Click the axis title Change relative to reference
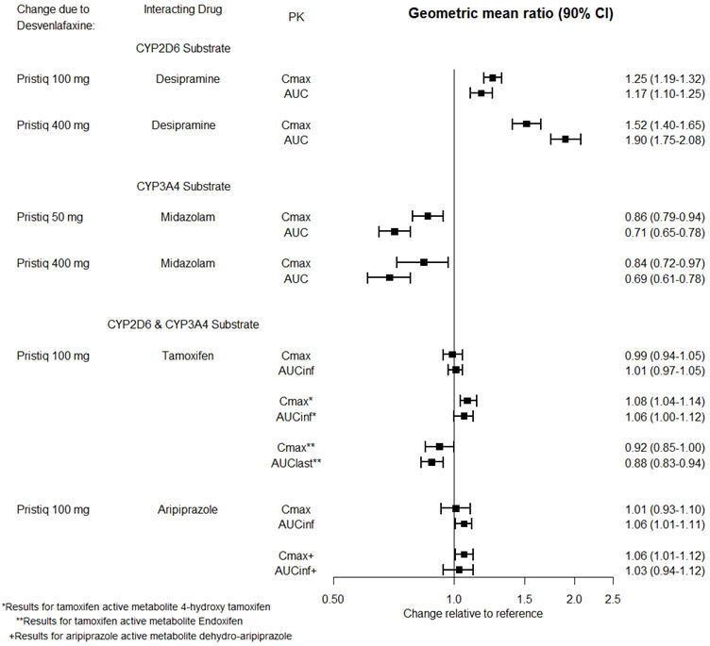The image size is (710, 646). tap(473, 613)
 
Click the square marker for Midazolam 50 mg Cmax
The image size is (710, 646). tap(428, 216)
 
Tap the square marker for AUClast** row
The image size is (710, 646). tap(431, 462)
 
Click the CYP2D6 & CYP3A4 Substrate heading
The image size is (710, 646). tap(183, 324)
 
